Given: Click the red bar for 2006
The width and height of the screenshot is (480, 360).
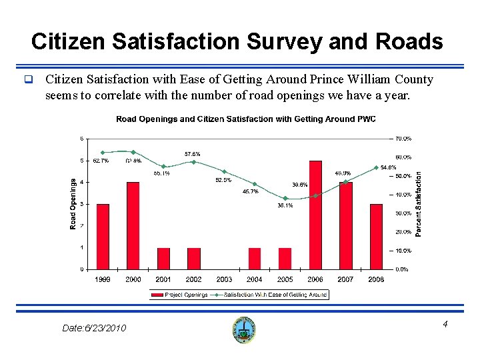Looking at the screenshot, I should click(x=315, y=215).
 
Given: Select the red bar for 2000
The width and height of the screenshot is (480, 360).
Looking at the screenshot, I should click(x=133, y=225).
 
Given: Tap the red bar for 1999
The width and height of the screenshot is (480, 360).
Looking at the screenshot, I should click(x=103, y=237).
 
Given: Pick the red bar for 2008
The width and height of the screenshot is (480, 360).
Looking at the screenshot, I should click(x=376, y=237).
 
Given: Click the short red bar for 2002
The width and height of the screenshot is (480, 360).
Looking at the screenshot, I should click(x=194, y=259).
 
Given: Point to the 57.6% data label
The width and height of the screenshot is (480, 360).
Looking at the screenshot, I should click(x=193, y=154).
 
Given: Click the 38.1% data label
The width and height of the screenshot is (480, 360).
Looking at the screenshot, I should click(x=285, y=205).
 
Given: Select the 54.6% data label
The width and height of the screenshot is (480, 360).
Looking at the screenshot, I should click(x=387, y=167).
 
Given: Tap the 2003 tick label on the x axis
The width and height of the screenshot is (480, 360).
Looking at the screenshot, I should click(x=224, y=279).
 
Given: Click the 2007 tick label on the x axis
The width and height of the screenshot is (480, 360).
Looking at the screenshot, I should click(x=345, y=279).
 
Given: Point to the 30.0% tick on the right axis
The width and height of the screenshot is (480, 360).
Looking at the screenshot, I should click(x=403, y=213).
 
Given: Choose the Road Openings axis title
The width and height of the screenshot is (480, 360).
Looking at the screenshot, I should click(x=73, y=204).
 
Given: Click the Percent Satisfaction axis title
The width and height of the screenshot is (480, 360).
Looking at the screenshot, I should click(x=419, y=204).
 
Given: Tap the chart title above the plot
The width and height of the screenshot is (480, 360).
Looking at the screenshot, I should click(x=246, y=119).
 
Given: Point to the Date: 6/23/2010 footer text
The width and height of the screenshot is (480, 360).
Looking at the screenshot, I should click(x=94, y=328).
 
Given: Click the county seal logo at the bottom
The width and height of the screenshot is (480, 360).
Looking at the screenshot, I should click(x=245, y=329).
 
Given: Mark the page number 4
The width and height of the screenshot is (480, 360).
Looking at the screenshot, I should click(x=445, y=325).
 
